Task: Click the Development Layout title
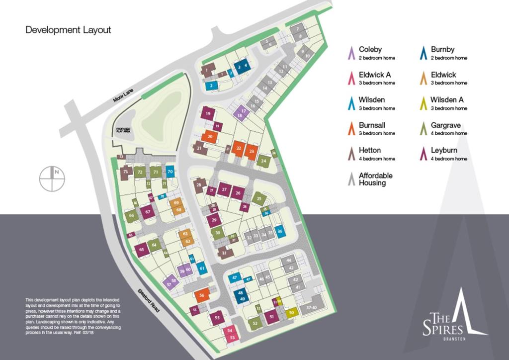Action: pos(68,30)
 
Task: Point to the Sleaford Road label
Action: pos(149,301)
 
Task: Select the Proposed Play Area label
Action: pos(123,130)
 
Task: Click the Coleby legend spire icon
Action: pos(351,52)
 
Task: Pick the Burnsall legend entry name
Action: pos(372,125)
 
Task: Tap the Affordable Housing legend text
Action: pos(375,179)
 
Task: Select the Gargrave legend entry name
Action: pos(444,125)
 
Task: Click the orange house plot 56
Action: pos(202,295)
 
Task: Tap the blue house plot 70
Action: pos(170,172)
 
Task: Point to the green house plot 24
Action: pos(264,161)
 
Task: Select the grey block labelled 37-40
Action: pos(312,308)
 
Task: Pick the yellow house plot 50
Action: pos(292,312)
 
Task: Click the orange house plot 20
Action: pos(210,136)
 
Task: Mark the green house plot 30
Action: pos(217,232)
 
